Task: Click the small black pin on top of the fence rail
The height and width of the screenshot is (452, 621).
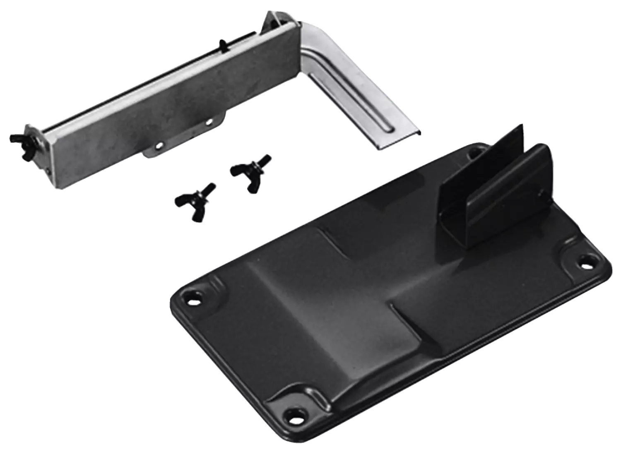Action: point(222,44)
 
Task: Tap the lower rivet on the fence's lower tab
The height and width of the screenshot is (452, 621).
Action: point(160,145)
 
